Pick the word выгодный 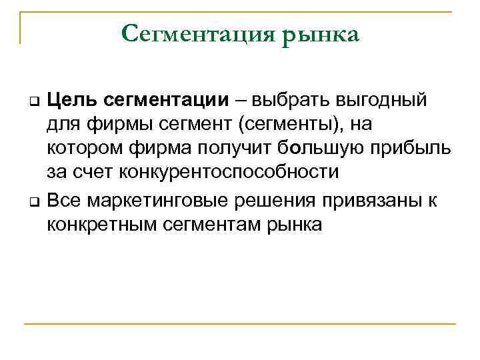(386, 101)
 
